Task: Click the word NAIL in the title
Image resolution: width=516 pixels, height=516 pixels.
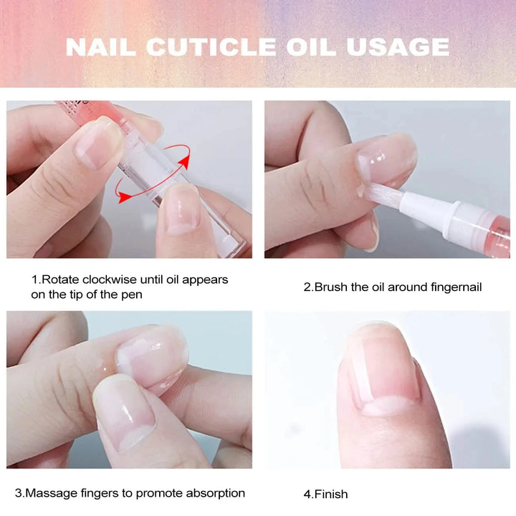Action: click(101, 47)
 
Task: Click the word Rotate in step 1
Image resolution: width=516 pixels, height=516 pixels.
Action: click(57, 279)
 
